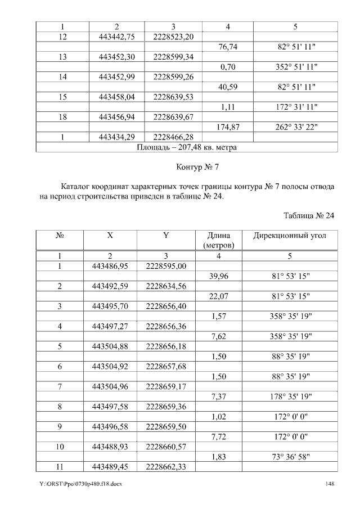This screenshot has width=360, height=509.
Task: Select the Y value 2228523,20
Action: pyautogui.click(x=173, y=37)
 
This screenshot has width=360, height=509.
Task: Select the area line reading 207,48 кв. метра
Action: pyautogui.click(x=186, y=147)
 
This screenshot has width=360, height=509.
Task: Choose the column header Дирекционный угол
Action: pyautogui.click(x=295, y=236)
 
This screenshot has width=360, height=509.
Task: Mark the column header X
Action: pyautogui.click(x=110, y=236)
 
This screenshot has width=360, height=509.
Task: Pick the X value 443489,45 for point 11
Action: pyautogui.click(x=110, y=467)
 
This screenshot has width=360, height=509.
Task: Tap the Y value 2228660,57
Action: pyautogui.click(x=166, y=447)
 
